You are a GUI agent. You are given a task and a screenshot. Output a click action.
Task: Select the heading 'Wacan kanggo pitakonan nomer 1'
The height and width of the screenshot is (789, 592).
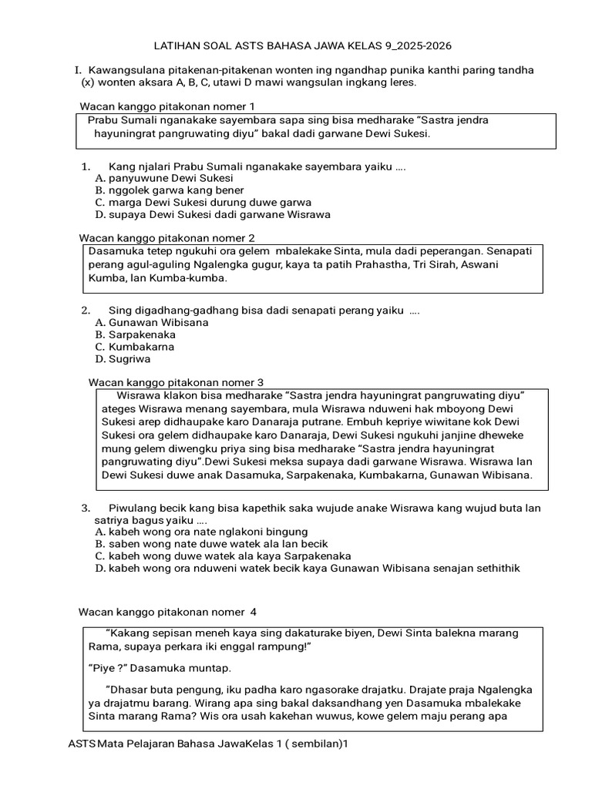pyautogui.click(x=166, y=106)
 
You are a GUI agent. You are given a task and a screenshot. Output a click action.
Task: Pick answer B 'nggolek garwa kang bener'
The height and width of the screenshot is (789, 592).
pyautogui.click(x=169, y=190)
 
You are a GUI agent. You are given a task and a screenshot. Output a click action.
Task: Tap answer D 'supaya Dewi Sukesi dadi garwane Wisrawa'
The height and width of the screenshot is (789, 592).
pyautogui.click(x=213, y=215)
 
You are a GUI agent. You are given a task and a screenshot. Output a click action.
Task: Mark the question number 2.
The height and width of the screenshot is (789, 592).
pyautogui.click(x=85, y=311)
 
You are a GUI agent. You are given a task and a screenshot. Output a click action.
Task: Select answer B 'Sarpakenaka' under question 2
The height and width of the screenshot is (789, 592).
pyautogui.click(x=135, y=335)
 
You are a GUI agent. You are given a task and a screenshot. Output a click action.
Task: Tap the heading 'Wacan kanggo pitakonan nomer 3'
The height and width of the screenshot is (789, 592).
pyautogui.click(x=176, y=382)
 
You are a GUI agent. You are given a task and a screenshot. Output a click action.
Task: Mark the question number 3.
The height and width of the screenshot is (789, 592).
pyautogui.click(x=85, y=508)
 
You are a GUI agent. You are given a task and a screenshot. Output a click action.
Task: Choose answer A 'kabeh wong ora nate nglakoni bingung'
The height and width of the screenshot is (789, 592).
pyautogui.click(x=201, y=532)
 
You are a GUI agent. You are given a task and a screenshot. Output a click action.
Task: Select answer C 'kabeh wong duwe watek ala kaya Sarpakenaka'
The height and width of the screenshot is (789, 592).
pyautogui.click(x=223, y=556)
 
